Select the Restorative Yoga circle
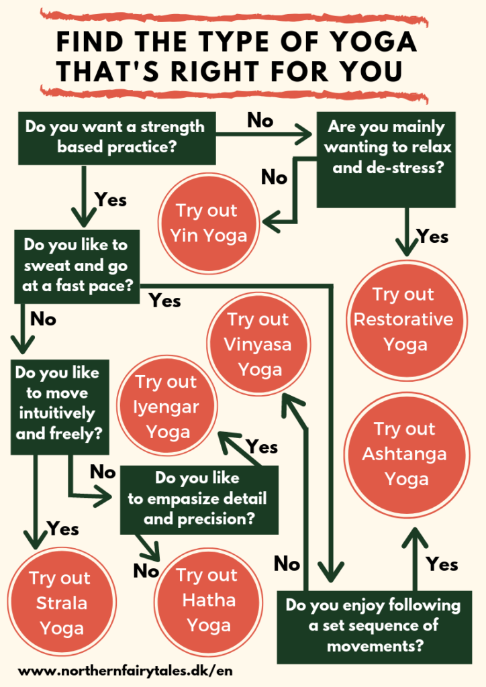coord(403,319)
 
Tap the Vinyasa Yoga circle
coord(258,344)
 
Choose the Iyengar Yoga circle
coord(166,407)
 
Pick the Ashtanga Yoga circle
coord(405,454)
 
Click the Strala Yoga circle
coord(60,602)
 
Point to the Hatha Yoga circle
coord(207,599)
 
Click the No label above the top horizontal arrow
coord(260,120)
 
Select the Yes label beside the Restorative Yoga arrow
coord(432,236)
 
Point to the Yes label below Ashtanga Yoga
coord(442,564)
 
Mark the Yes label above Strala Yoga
coord(63,529)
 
